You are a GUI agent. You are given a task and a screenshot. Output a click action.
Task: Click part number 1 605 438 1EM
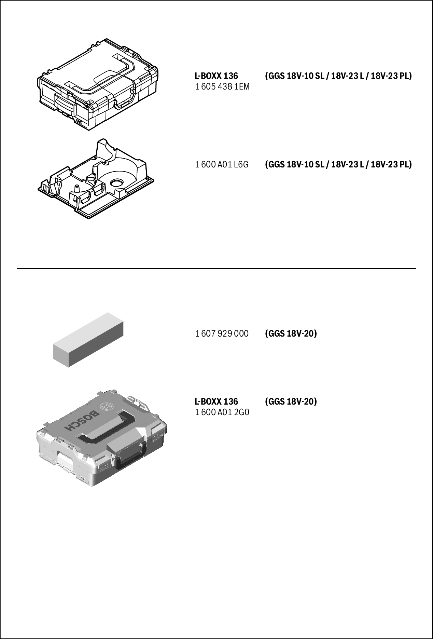coord(222,87)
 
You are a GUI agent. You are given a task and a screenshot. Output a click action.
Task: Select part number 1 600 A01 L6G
coord(222,165)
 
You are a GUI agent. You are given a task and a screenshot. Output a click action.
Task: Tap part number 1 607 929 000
coord(222,333)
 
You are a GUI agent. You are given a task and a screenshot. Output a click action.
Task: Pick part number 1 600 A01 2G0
coord(222,412)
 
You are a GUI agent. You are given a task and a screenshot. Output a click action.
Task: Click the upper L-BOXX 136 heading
coord(216,76)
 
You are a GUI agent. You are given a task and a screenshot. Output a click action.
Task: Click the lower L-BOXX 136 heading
coord(216,401)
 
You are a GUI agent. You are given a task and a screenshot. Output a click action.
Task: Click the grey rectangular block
coord(88,340)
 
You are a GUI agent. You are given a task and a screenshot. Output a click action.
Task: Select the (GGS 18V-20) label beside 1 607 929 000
coord(291,333)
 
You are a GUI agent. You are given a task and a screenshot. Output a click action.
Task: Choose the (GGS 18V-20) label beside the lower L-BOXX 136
coord(291,401)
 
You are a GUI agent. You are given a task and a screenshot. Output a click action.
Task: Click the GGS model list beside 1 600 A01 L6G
coord(338,165)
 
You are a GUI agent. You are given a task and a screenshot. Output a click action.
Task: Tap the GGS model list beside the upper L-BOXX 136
coord(338,76)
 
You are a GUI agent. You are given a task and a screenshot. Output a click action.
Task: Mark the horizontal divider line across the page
coord(216,269)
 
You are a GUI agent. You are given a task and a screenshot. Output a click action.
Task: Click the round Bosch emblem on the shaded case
coord(106,406)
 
